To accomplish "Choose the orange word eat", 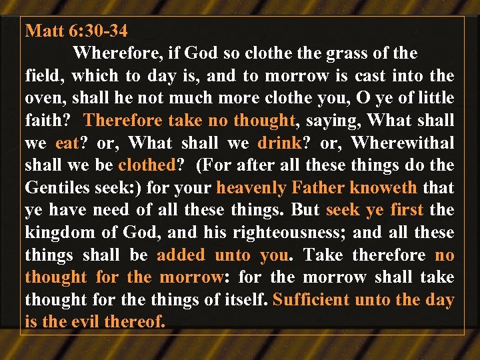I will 67,143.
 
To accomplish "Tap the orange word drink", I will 279,143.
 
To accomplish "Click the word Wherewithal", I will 403,143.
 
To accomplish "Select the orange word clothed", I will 145,165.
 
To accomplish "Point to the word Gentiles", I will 55,188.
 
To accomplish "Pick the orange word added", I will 182,255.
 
